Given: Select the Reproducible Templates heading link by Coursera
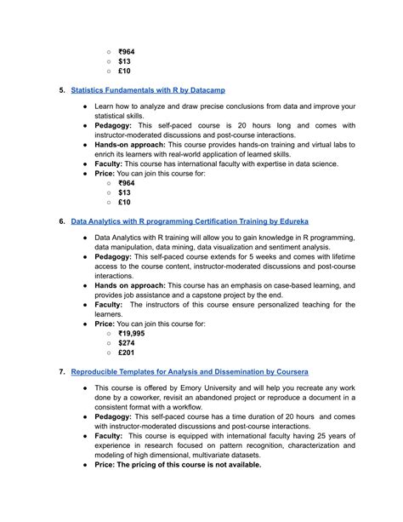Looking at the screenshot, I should (190, 372).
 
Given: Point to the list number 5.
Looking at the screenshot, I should (61, 89).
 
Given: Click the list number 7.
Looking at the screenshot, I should (61, 372).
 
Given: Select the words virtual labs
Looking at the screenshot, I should (320, 147).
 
